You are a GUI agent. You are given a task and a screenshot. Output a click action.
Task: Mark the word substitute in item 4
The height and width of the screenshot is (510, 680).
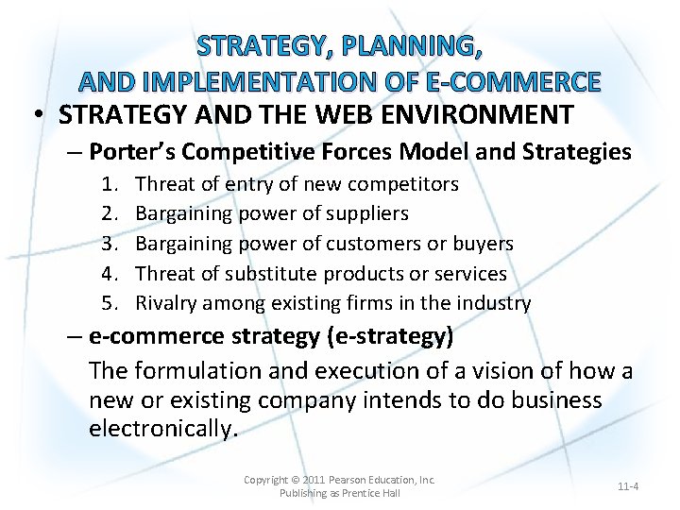coord(275,274)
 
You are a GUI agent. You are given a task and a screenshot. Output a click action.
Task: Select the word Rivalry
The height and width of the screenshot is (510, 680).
coord(167,303)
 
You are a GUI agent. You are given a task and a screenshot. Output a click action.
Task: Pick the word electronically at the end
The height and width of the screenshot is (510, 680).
coord(163,429)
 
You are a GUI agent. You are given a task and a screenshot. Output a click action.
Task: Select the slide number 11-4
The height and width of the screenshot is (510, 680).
coord(628,486)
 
